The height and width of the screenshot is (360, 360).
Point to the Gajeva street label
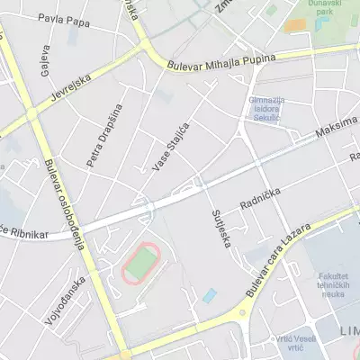pos(42,64)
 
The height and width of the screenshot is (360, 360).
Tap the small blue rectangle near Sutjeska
pos(210,295)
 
